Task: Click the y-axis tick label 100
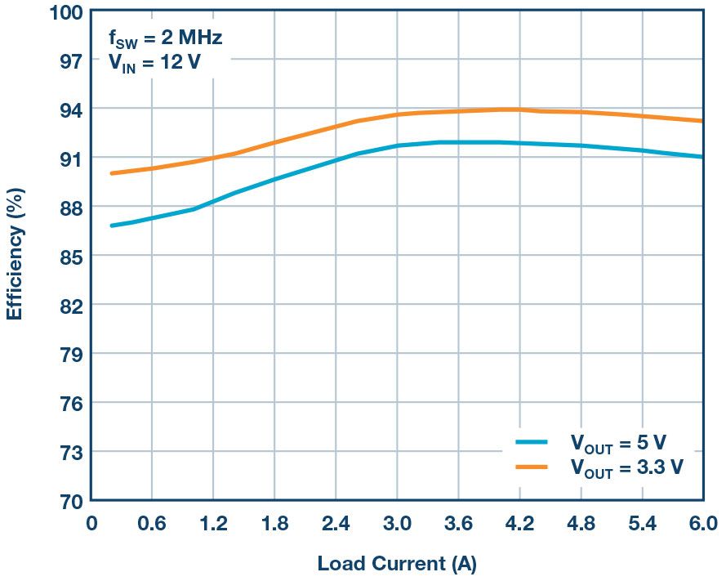click(65, 12)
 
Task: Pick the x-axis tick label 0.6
click(152, 523)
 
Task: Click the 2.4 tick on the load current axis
click(335, 523)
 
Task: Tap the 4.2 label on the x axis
click(519, 523)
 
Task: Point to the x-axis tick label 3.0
click(397, 523)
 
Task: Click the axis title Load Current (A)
click(397, 563)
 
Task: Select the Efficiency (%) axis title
click(15, 255)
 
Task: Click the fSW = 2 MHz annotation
click(166, 38)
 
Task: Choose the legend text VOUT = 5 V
click(618, 444)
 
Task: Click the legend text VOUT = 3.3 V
click(626, 467)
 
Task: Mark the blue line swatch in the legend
click(532, 442)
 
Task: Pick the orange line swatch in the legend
click(532, 467)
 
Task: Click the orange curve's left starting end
click(111, 173)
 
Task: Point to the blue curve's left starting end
click(111, 226)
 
